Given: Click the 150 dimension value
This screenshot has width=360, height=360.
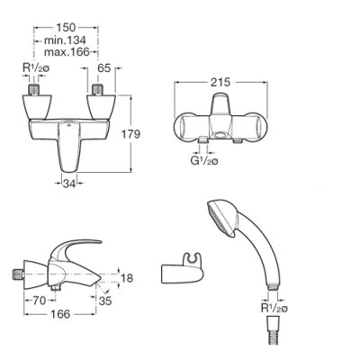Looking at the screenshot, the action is point(66,28).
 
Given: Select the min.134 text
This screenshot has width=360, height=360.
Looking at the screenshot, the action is point(65,40).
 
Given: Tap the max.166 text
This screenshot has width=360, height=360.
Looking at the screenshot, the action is point(67,52).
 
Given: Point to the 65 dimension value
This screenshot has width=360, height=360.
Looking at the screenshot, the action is point(104,68).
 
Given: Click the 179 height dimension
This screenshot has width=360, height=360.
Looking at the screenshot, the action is point(130,134).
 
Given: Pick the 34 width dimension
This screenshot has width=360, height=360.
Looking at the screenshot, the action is point(69,184).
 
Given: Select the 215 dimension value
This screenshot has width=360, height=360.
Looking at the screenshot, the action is point(220,82).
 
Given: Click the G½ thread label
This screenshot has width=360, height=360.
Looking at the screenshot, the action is point(204,161).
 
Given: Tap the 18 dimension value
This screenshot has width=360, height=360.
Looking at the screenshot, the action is point(126,278).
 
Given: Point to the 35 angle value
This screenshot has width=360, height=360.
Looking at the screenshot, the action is point(105,301).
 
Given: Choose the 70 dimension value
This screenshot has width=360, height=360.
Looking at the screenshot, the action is point(39,301).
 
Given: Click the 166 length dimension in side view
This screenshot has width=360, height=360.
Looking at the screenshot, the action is point(60,314).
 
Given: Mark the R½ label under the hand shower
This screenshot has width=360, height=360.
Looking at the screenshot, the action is point(274,308).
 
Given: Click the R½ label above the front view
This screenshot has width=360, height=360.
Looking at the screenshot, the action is point(36,68).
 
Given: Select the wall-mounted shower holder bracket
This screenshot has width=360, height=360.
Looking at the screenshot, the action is point(184,269).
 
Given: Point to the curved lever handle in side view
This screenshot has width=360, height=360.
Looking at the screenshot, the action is point(75,251).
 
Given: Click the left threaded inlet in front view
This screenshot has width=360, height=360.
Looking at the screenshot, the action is point(34,90).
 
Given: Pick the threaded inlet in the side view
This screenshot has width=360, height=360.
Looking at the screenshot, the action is point(19,274).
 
